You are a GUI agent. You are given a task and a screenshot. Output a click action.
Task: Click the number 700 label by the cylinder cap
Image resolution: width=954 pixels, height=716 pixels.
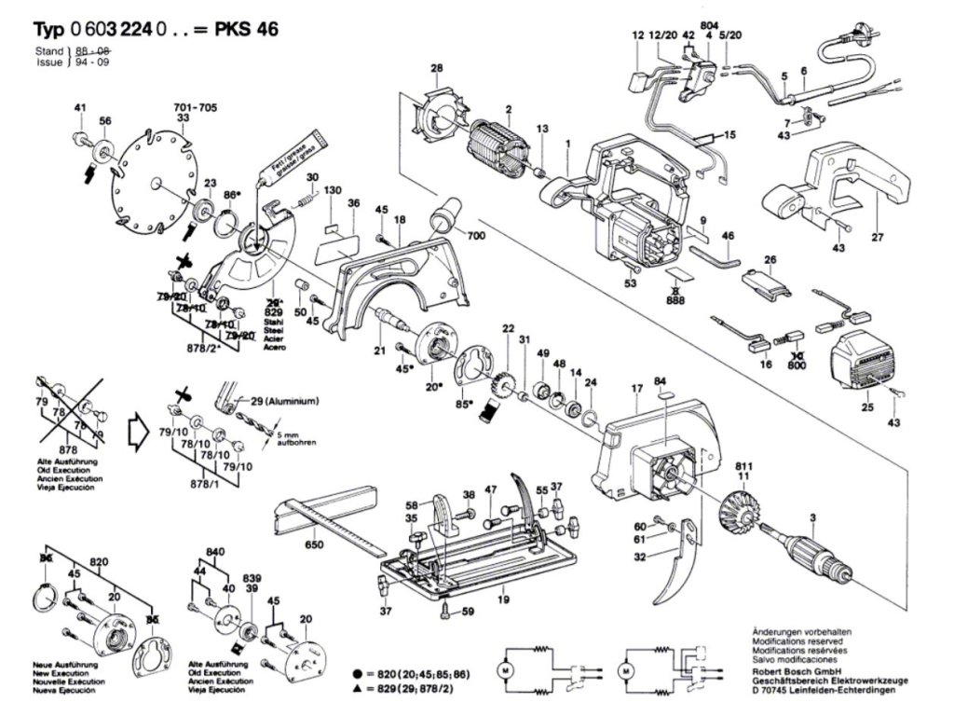click(x=477, y=237)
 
